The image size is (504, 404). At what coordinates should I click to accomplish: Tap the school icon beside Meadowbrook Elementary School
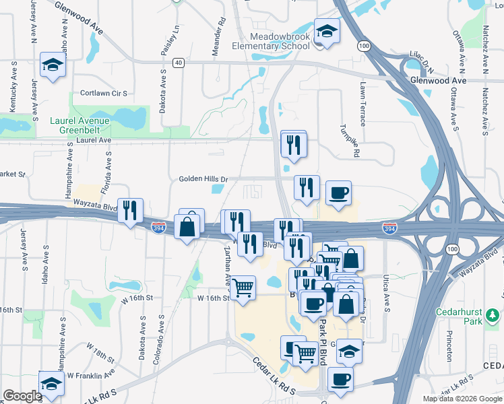coord(327,32)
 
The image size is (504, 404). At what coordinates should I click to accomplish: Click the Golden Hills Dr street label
coord(204,179)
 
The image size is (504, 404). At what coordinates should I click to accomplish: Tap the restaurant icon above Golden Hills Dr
coord(293,145)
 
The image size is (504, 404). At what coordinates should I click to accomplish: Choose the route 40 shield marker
coord(178,63)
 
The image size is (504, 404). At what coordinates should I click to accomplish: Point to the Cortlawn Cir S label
coord(104,93)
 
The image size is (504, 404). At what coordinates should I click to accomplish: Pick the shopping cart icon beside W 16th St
coord(243,288)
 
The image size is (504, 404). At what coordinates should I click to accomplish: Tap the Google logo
coord(23,396)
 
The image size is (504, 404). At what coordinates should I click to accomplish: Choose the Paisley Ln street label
coord(177,40)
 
